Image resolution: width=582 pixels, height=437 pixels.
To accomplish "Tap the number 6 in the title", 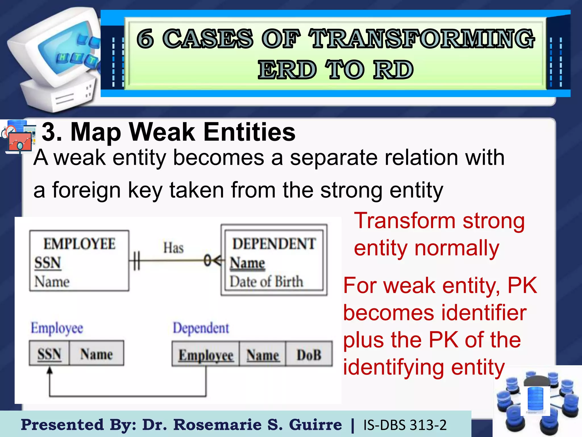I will [x=145, y=39].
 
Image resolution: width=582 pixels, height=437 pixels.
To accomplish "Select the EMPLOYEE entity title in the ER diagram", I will [x=79, y=244].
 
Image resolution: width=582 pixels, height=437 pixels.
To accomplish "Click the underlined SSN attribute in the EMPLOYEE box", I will [x=47, y=262].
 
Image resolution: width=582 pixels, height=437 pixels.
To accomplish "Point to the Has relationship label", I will [x=173, y=248].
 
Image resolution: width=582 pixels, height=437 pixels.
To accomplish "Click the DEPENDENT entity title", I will [x=274, y=244].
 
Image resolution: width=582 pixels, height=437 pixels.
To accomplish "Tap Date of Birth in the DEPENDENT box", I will [x=266, y=281].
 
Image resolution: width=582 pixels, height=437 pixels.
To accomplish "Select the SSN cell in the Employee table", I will [x=49, y=354].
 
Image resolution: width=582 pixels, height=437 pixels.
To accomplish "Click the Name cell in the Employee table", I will [x=96, y=354].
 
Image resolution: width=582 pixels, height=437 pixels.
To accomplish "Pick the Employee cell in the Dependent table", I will [x=206, y=355].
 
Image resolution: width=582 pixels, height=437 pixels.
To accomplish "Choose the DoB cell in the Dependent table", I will [x=309, y=355].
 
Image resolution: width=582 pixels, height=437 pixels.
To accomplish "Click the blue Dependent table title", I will [x=201, y=328].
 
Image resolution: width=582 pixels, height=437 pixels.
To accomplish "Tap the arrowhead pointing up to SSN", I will [x=50, y=370].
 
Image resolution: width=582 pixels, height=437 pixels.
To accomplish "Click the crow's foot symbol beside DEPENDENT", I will [x=217, y=260].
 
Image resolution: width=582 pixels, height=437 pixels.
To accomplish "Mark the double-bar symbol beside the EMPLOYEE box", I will [x=136, y=260].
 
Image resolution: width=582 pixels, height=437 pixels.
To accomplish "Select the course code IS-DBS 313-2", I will [x=405, y=425].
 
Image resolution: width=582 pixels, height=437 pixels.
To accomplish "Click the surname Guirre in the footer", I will [x=315, y=425].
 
